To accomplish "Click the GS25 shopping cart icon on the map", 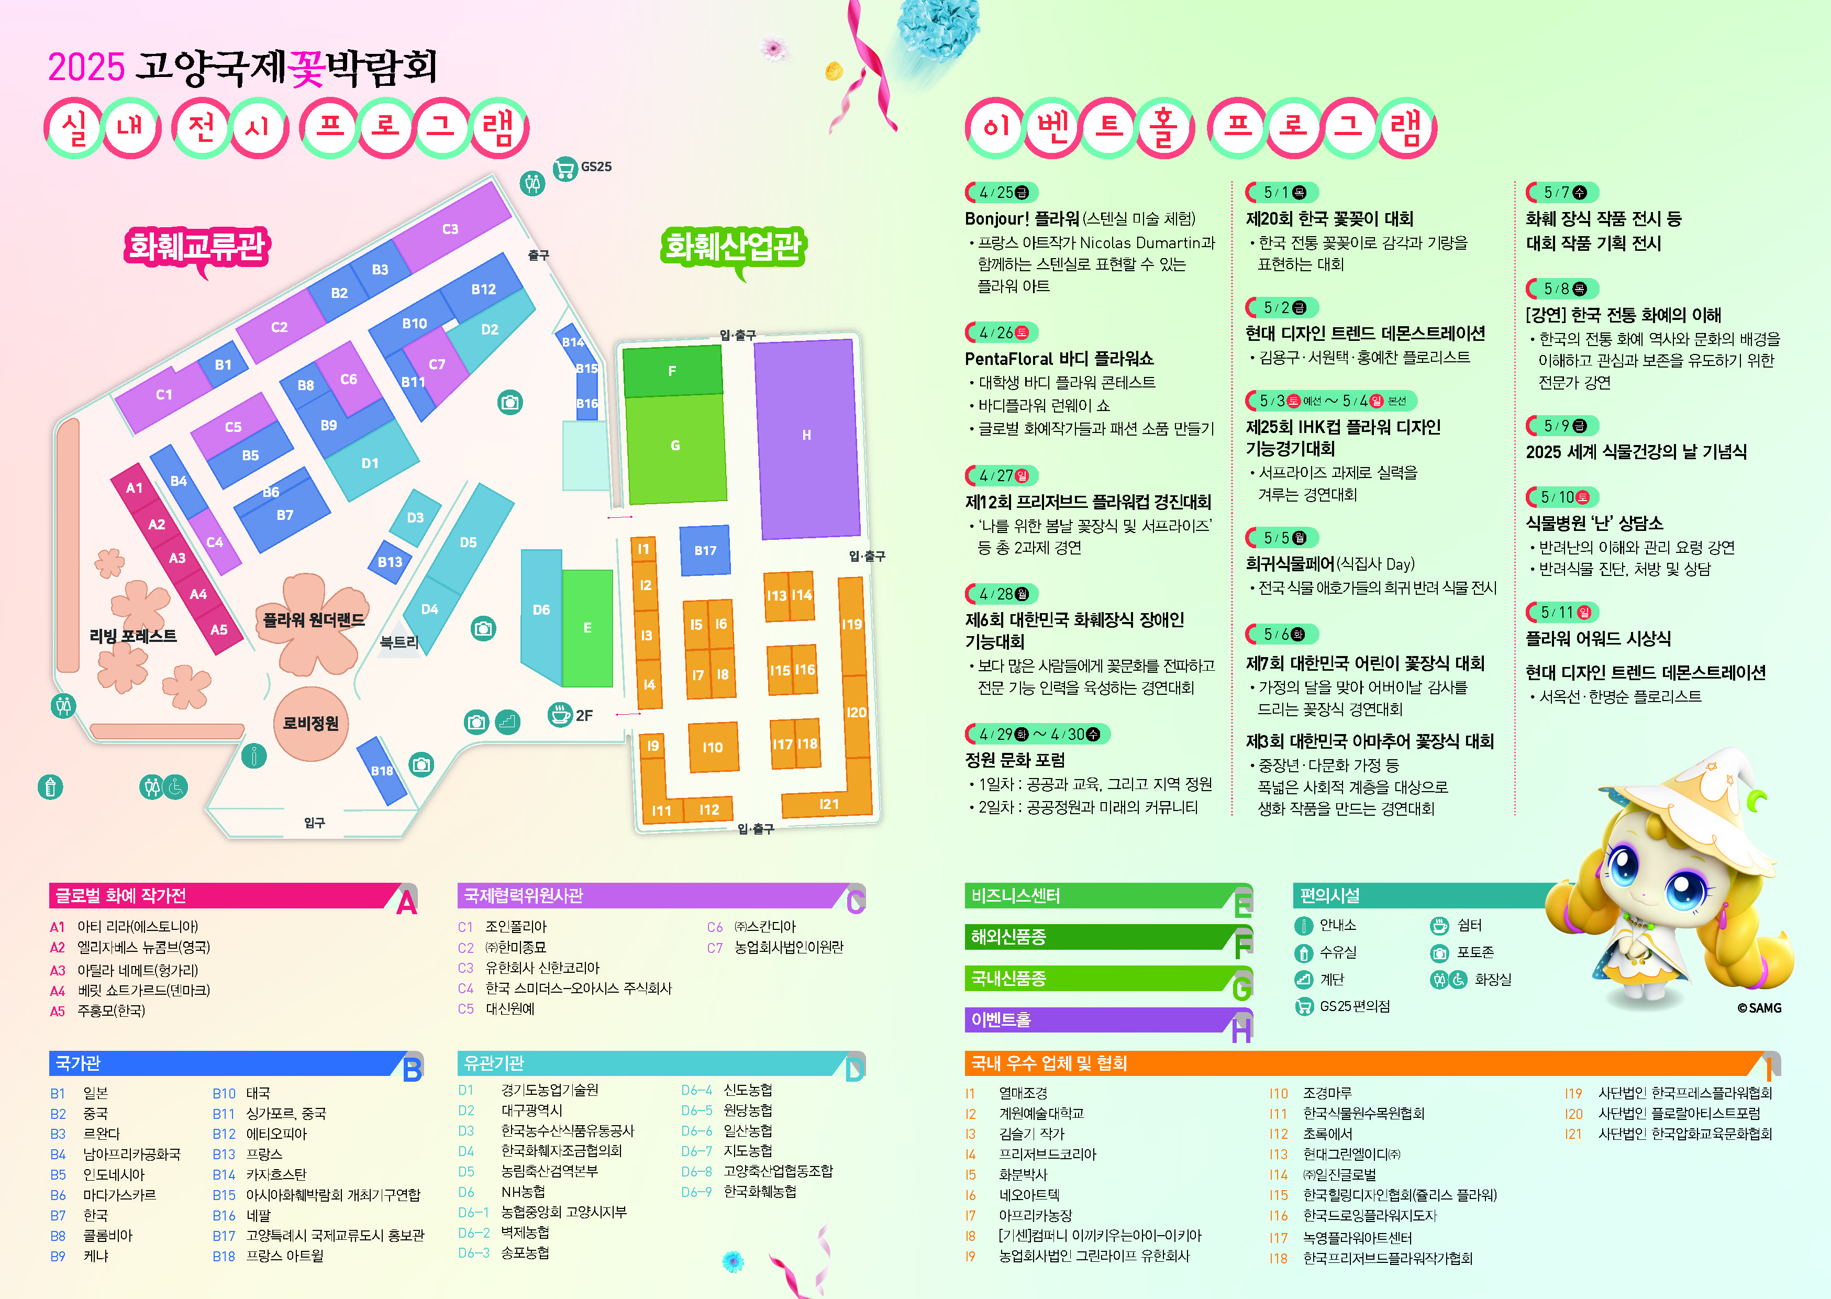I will pyautogui.click(x=565, y=169).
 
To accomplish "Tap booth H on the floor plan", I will pyautogui.click(x=806, y=437).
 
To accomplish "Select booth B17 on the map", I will pyautogui.click(x=705, y=550).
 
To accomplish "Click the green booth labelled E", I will pyautogui.click(x=587, y=628).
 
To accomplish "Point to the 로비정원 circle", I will pyautogui.click(x=310, y=723).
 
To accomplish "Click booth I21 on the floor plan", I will pyautogui.click(x=829, y=804).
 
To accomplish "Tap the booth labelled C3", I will pyautogui.click(x=450, y=229).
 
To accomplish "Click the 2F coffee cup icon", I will pyautogui.click(x=559, y=714).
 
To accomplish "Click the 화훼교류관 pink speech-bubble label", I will pyautogui.click(x=197, y=247).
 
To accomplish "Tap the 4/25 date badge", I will pyautogui.click(x=1002, y=193).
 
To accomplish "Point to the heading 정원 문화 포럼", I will pyautogui.click(x=1015, y=760).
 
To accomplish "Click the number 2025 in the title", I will pyautogui.click(x=86, y=67).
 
